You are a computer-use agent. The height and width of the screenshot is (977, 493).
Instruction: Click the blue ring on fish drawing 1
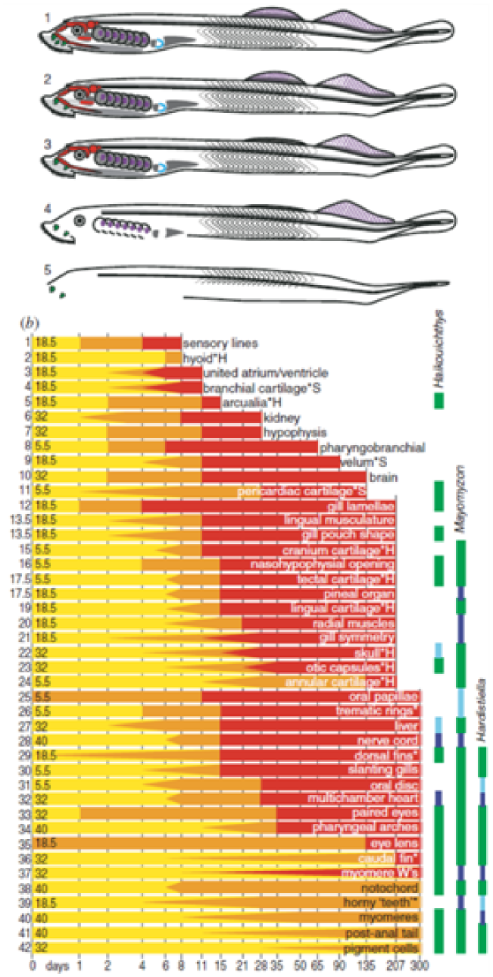[x=159, y=44]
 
